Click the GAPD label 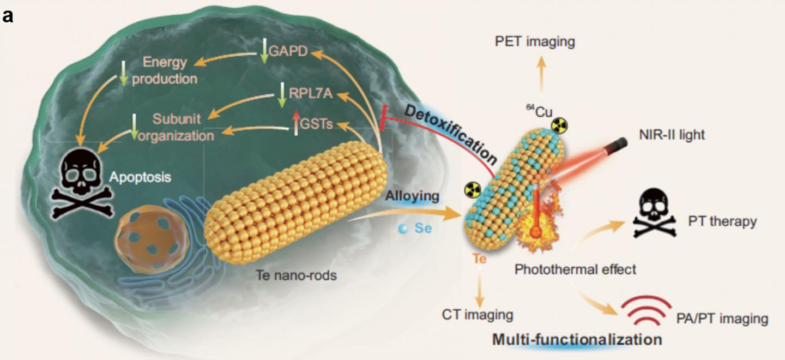pyautogui.click(x=287, y=52)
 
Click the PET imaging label pyautogui.click(x=534, y=41)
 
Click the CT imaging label pyautogui.click(x=478, y=315)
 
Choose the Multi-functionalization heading pyautogui.click(x=577, y=339)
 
